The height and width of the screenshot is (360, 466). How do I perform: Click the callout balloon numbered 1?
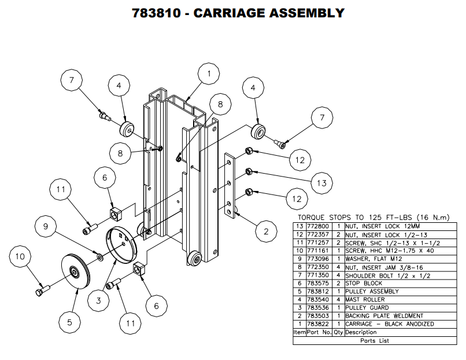(209, 74)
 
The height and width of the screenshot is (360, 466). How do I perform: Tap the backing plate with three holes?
(231, 185)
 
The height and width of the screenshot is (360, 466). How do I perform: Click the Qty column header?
(338, 333)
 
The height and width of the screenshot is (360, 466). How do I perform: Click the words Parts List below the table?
(376, 341)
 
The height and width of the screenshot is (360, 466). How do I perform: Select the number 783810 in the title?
(158, 13)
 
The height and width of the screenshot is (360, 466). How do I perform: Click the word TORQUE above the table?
(313, 218)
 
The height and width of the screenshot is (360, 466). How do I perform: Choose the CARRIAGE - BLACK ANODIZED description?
(389, 324)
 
